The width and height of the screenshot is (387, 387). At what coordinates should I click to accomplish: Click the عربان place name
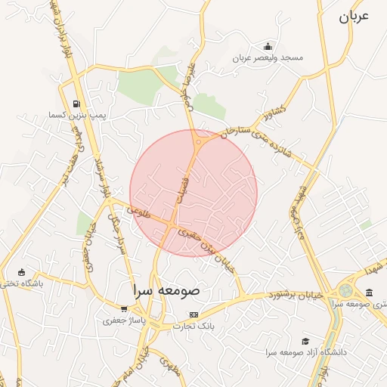click(352, 17)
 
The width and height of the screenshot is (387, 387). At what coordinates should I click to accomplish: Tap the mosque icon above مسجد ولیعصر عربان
click(267, 46)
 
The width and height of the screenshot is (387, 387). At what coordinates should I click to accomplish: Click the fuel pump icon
click(76, 104)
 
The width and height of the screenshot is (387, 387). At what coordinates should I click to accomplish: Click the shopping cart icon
click(124, 309)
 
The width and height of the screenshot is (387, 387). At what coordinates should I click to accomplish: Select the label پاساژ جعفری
click(124, 320)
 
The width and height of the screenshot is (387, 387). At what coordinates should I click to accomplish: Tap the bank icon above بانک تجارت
click(194, 314)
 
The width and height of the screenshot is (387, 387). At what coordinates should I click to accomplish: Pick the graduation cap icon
click(305, 341)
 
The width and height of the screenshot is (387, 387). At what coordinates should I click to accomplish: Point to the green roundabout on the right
click(345, 290)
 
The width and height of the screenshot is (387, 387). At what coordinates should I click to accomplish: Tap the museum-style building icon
click(368, 293)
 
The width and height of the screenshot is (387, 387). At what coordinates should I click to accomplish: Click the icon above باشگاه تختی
click(21, 272)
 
